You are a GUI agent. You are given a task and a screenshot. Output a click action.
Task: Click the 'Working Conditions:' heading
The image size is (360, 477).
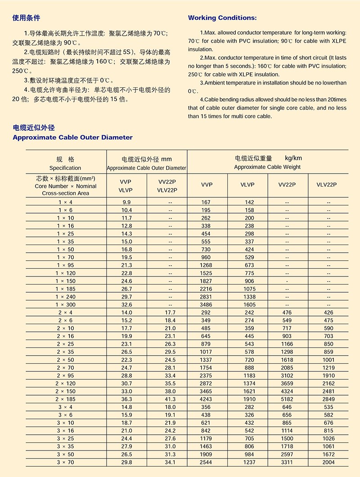(x=222, y=18)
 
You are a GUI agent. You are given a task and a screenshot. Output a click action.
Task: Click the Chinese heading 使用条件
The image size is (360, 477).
(x=27, y=18)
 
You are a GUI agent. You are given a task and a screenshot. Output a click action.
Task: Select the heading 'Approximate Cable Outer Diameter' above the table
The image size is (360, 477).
(x=73, y=137)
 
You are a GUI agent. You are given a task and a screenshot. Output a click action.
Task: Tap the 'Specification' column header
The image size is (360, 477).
(x=65, y=168)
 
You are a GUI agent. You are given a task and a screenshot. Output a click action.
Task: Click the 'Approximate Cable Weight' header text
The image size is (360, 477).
(x=267, y=167)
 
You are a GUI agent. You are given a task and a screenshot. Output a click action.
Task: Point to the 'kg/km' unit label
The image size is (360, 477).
(x=293, y=158)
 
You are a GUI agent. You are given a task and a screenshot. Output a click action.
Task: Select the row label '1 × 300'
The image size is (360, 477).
(x=66, y=304)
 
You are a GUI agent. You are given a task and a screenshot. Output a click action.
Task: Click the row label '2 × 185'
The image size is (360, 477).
(x=66, y=399)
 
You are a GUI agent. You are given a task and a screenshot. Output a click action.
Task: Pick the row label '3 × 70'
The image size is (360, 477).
(x=66, y=462)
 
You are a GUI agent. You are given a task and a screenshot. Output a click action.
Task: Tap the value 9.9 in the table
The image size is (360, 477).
(x=127, y=202)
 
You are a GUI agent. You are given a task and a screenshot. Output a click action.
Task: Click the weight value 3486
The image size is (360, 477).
(x=206, y=304)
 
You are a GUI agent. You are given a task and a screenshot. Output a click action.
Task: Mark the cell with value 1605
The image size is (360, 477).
(x=249, y=304)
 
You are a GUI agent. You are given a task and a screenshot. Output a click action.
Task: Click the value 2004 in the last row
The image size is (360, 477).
(x=328, y=462)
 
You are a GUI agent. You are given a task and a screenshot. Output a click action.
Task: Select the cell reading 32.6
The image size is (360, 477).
(x=127, y=304)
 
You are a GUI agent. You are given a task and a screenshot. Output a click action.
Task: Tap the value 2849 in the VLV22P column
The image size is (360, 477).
(x=328, y=399)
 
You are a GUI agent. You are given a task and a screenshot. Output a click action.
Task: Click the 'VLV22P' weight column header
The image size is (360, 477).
(x=327, y=184)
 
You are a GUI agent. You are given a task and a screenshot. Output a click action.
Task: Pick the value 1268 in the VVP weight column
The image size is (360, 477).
(x=206, y=265)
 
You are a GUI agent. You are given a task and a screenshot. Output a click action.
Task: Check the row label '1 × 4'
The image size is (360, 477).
(x=66, y=202)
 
